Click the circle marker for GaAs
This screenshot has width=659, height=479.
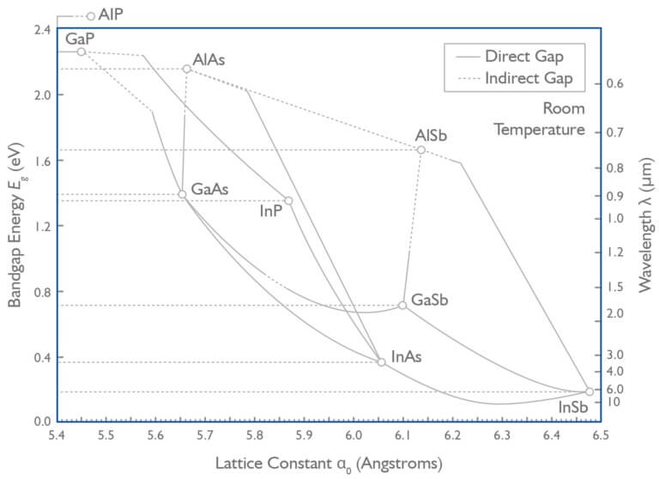[182, 194]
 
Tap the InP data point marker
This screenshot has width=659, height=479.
[288, 201]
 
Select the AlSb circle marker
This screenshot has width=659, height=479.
[421, 149]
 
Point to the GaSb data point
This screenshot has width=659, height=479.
[402, 305]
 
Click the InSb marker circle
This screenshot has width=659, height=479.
[589, 391]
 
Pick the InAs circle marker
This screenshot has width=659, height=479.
[381, 362]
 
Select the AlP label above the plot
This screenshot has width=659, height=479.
[111, 15]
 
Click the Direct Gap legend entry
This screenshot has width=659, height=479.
[523, 57]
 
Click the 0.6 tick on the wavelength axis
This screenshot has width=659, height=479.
[615, 83]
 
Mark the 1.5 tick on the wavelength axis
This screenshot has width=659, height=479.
[615, 287]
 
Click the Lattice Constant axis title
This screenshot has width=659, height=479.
[329, 464]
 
